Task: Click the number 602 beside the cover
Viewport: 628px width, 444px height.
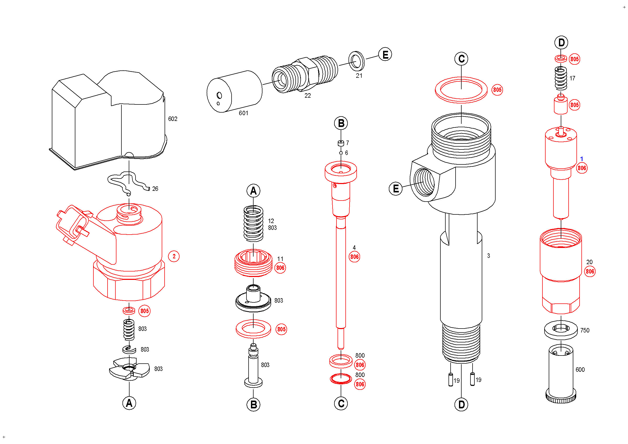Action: [x=173, y=119]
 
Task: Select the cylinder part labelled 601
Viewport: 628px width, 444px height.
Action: [x=234, y=91]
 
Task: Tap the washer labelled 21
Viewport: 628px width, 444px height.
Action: [x=356, y=60]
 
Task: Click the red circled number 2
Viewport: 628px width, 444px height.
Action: [x=174, y=256]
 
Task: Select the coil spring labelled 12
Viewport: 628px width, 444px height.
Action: [x=253, y=224]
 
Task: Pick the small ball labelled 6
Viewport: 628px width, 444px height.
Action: [x=341, y=153]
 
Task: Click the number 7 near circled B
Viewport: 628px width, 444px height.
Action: [x=347, y=143]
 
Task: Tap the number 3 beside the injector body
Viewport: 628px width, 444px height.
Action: [x=489, y=256]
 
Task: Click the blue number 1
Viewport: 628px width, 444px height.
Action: [x=581, y=159]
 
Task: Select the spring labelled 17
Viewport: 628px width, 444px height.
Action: [x=561, y=79]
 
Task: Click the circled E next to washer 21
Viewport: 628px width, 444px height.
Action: [x=385, y=54]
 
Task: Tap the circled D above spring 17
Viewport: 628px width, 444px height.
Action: [x=561, y=43]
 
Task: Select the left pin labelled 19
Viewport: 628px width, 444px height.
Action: [x=451, y=380]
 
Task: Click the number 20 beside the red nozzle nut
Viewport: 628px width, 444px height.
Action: [x=590, y=262]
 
